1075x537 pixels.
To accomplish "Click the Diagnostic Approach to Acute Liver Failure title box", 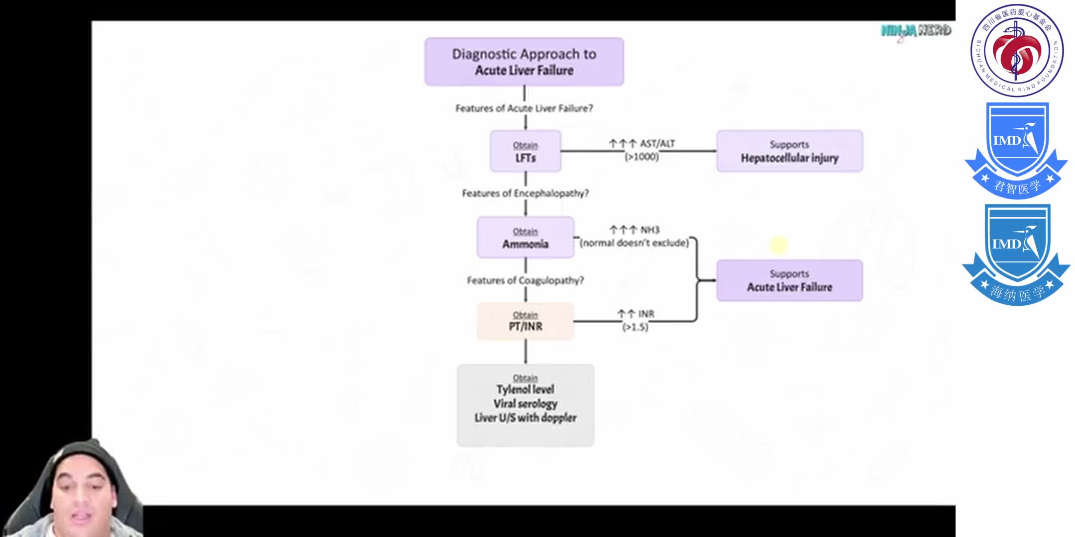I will [x=524, y=62].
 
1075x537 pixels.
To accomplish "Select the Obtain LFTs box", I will [x=525, y=151].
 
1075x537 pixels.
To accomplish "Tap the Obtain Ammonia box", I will [x=525, y=238].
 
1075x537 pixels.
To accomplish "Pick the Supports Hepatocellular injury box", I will [x=789, y=151].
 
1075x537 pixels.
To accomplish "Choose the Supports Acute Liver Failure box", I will [x=789, y=280].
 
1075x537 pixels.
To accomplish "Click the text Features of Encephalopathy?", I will [x=525, y=193].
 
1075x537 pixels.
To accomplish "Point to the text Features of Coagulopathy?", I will [x=525, y=280].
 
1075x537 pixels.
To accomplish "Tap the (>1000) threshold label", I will [x=642, y=157].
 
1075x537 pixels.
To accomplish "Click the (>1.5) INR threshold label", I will [x=635, y=327].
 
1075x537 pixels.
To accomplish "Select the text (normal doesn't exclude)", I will [x=634, y=243].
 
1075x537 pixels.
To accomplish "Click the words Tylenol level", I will [x=525, y=389].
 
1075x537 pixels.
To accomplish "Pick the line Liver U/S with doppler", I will [x=525, y=418].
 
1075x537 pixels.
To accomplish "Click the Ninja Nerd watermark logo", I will [x=916, y=31].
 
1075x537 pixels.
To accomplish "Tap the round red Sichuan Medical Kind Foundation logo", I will [x=1017, y=50].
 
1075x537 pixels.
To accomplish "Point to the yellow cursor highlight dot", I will [x=778, y=245].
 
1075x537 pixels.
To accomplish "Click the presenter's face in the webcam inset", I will [x=84, y=497].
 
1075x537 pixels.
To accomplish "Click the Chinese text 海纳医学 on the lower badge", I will [x=1017, y=293].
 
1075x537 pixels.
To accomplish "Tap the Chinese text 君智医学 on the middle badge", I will [x=1017, y=187].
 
